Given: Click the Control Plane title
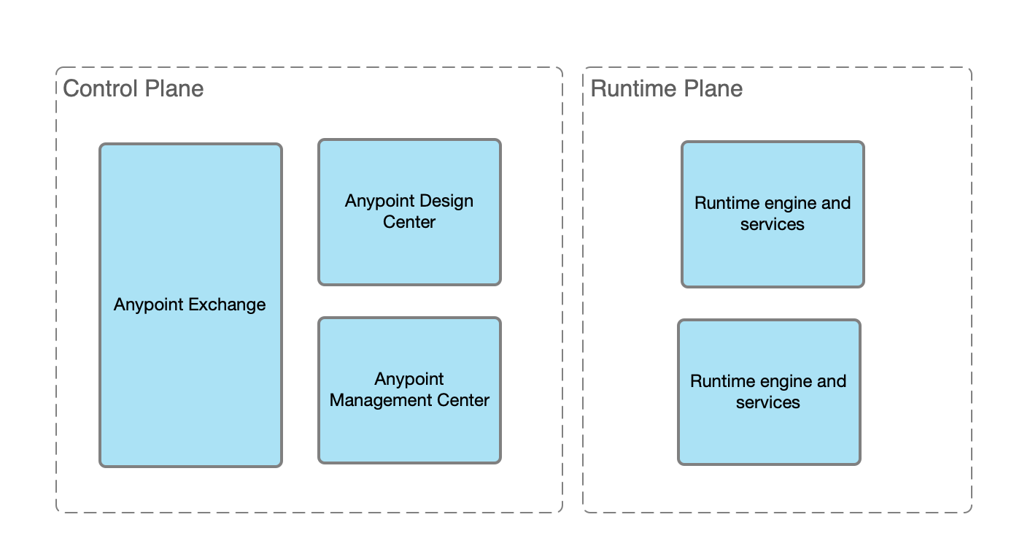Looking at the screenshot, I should click(133, 89).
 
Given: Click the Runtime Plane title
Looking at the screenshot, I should click(666, 89).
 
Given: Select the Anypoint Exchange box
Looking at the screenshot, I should click(190, 351).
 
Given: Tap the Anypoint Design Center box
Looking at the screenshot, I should click(409, 248).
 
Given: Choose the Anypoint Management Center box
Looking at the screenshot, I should click(409, 431).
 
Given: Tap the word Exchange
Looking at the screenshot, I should click(227, 305).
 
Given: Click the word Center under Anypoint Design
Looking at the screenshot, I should click(409, 222).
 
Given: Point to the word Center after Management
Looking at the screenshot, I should click(463, 400).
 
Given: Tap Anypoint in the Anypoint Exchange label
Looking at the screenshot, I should click(148, 305).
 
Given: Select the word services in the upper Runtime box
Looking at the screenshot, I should click(773, 224).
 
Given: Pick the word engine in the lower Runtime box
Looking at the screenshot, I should click(783, 381).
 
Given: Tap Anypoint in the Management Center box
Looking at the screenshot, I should click(409, 379).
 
